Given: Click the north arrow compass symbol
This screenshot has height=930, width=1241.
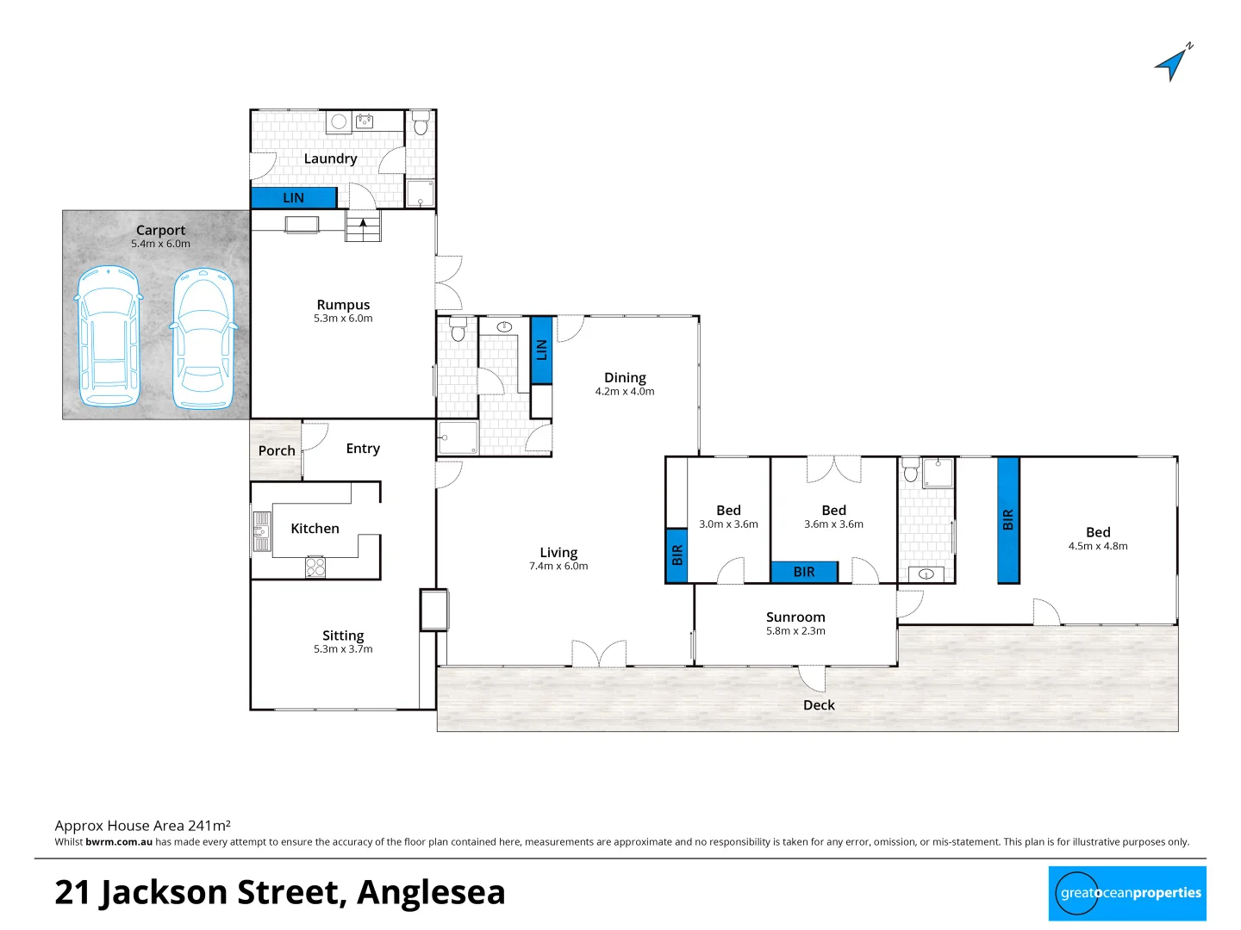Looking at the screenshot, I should [x=1173, y=63].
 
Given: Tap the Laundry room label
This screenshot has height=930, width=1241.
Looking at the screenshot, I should [x=330, y=158].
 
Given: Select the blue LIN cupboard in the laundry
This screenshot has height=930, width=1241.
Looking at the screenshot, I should [x=293, y=198].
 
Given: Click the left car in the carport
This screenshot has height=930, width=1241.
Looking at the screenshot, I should [x=109, y=337].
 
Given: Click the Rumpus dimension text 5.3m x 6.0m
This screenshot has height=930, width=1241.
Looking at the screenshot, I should [x=343, y=319].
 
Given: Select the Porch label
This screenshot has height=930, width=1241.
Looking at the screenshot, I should [x=277, y=450].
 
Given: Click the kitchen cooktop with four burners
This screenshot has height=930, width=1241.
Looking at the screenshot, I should [x=315, y=567].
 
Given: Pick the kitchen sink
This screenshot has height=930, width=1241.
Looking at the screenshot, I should [x=261, y=530].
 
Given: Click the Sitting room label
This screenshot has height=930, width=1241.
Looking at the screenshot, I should [x=343, y=635].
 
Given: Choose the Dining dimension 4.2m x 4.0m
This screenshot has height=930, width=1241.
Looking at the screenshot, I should [x=625, y=392].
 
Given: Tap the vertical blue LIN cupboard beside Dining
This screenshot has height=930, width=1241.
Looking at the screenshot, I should [x=541, y=350].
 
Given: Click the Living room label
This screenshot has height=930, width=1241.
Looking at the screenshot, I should [x=558, y=553].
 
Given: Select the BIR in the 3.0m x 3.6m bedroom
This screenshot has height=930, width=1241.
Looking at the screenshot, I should [x=677, y=555].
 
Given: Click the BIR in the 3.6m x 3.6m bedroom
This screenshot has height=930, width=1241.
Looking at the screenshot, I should [x=804, y=572].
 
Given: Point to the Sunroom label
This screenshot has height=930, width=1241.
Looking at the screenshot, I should [x=795, y=617].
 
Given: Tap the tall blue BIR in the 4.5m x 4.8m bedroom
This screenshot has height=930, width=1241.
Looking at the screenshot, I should [x=1008, y=520].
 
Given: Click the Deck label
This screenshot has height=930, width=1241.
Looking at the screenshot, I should [x=819, y=705].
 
